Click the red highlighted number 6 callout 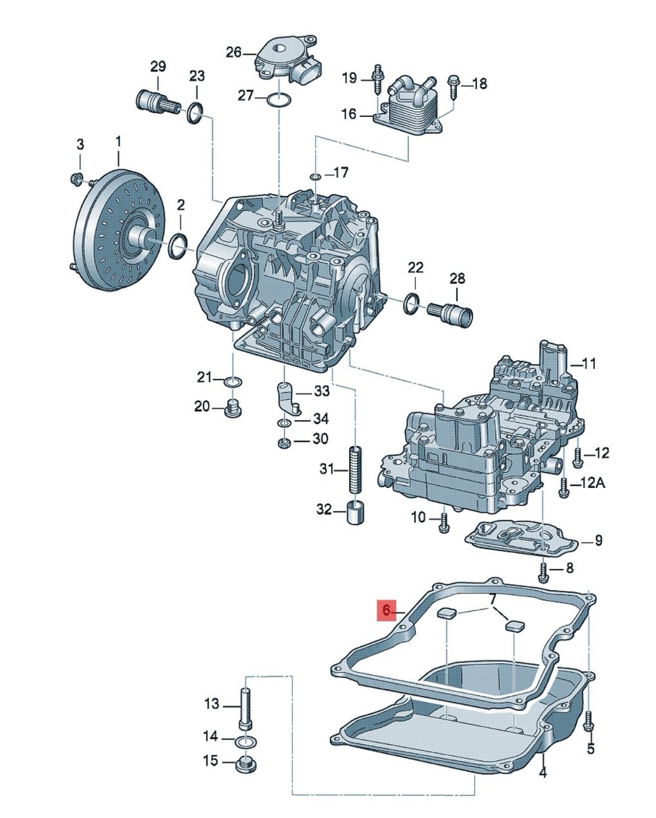pos(387,610)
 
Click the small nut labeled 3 pos(77,178)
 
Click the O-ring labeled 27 pos(279,100)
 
